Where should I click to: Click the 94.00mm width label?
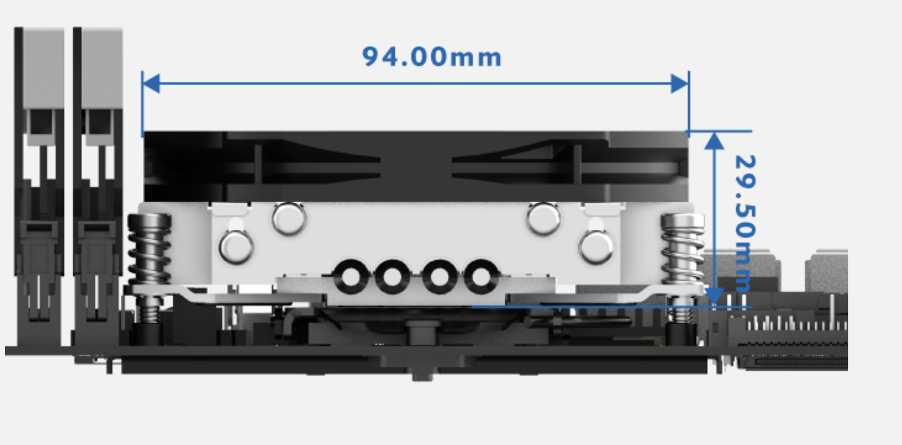tap(432, 58)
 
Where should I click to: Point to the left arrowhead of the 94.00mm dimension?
tap(151, 83)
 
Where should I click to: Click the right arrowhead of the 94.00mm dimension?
tap(680, 83)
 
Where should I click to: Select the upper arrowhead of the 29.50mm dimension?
tap(714, 140)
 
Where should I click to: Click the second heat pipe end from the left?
tap(392, 276)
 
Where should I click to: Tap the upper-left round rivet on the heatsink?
tap(289, 219)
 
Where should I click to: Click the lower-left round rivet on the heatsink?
tap(236, 247)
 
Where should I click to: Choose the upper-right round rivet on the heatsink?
tap(543, 219)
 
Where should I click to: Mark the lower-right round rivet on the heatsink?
tap(595, 247)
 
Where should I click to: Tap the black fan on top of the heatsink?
tap(416, 166)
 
